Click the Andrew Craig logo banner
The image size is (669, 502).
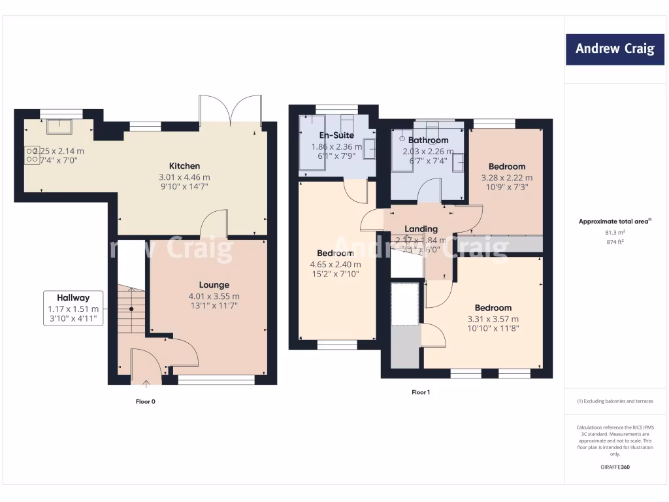coord(614,49)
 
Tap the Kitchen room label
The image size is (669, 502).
coord(184,166)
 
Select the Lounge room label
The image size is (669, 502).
coord(214,285)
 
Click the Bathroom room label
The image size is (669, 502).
coord(428,140)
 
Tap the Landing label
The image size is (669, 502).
coord(421,229)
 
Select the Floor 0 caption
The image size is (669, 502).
coord(140,401)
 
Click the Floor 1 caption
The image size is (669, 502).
coord(421,392)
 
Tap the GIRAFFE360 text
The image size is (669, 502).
coord(614,467)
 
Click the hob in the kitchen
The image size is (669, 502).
coord(32,155)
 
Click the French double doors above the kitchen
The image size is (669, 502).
coord(231,110)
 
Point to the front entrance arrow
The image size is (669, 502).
coord(145,384)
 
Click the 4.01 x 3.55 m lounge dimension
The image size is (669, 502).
coord(214,295)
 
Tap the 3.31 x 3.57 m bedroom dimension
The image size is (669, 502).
coord(493,319)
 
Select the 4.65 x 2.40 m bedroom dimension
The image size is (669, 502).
coord(335,265)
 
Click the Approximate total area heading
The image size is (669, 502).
coord(614,222)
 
